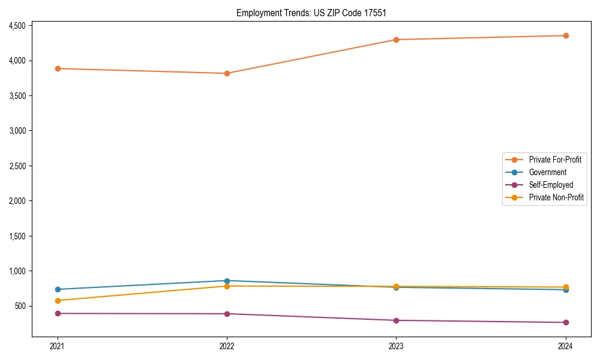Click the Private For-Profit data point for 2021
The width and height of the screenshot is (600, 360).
58,68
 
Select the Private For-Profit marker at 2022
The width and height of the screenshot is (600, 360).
227,73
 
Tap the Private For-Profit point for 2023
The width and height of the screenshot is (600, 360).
396,40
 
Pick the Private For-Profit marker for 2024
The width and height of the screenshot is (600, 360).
566,35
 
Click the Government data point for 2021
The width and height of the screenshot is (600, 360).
58,289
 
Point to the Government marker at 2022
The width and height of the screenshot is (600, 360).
227,281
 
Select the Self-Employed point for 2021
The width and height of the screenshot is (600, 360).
58,313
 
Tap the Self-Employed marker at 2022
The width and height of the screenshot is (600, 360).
227,314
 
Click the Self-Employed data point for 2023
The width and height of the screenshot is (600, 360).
396,320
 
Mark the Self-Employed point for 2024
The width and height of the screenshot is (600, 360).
566,322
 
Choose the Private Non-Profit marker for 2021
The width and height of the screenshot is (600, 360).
58,301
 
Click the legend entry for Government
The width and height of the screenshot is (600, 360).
547,172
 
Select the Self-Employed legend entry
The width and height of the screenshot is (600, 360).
551,185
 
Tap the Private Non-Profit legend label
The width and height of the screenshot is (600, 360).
556,197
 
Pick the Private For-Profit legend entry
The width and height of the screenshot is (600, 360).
555,160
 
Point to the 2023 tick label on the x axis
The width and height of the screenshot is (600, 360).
396,346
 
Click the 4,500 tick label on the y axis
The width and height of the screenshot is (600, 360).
17,26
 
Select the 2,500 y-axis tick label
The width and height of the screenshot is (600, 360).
17,166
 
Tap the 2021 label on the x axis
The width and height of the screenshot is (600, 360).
58,346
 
